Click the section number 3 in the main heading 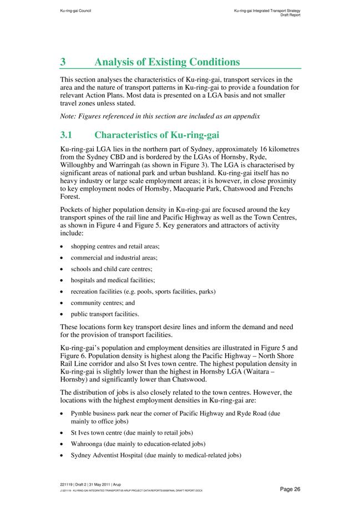pyautogui.click(x=63, y=62)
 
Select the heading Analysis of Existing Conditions pyautogui.click(x=167, y=62)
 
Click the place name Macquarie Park pyautogui.click(x=189, y=188)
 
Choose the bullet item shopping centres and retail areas pyautogui.click(x=115, y=246)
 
